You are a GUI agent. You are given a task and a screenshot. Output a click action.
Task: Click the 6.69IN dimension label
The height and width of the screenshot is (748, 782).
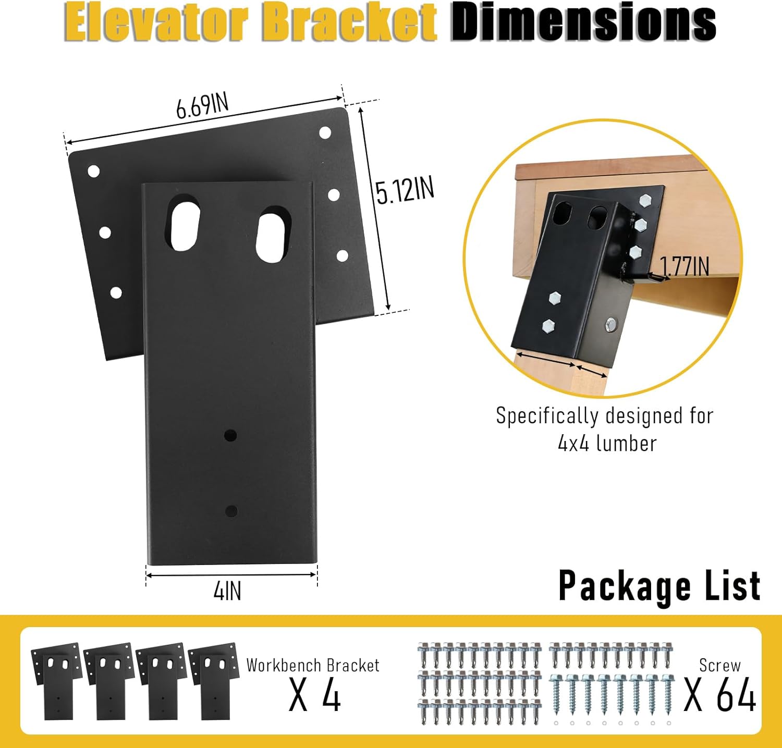coord(202,105)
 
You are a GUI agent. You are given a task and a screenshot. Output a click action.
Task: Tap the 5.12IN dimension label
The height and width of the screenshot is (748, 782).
coord(405,190)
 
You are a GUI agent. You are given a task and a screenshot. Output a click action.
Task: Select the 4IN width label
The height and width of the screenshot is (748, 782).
coord(227,591)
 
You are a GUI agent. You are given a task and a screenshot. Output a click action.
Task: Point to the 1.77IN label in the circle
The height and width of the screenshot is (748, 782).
coord(685,266)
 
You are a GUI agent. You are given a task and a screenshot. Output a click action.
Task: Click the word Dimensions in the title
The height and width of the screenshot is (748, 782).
coord(583,22)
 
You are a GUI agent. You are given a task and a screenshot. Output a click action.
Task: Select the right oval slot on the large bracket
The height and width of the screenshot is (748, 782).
coord(273,236)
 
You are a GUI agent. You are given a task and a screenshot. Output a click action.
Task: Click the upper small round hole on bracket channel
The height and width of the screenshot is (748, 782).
coord(230,435)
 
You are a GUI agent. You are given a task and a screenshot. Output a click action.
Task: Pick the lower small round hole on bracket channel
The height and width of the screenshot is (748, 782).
coord(231,511)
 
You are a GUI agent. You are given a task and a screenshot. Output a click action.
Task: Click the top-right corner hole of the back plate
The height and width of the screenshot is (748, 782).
coord(325,133)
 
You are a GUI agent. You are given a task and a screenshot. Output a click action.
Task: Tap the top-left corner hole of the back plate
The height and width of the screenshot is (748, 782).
coord(94,171)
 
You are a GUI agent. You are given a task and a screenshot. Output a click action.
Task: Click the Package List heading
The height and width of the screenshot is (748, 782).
coord(659,586)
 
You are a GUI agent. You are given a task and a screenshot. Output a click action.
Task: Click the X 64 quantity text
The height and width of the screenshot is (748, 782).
coord(720,695)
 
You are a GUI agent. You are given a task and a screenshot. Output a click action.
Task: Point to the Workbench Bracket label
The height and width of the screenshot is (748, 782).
coord(313,666)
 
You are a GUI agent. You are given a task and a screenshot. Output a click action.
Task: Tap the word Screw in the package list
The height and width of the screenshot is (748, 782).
coord(719,666)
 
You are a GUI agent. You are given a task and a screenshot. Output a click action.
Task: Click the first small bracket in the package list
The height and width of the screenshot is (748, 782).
coord(56,680)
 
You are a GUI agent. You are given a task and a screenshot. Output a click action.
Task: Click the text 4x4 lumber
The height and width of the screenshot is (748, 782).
coord(607,444)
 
